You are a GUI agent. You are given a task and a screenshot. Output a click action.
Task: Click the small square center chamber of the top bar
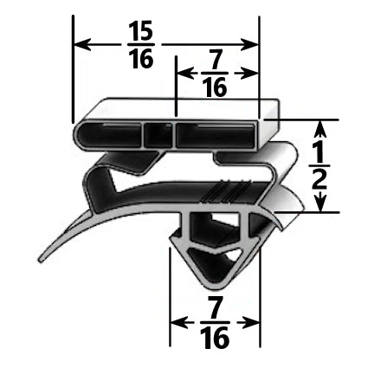157,135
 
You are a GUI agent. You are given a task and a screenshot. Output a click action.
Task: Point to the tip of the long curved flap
40,261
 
